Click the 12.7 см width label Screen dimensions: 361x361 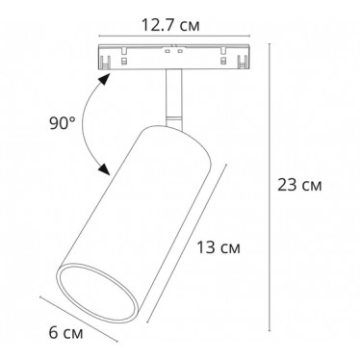tap(170, 25)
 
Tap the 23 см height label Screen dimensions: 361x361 tap(299, 185)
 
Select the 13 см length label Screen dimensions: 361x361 tap(219, 247)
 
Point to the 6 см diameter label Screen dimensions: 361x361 tap(65, 332)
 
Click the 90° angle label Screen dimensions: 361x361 tap(63, 123)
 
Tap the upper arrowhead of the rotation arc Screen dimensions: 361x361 tap(104, 79)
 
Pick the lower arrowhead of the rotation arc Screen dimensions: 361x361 tap(104, 169)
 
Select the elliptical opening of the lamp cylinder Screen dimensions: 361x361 tap(98, 294)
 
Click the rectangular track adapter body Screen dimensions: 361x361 tap(174, 57)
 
